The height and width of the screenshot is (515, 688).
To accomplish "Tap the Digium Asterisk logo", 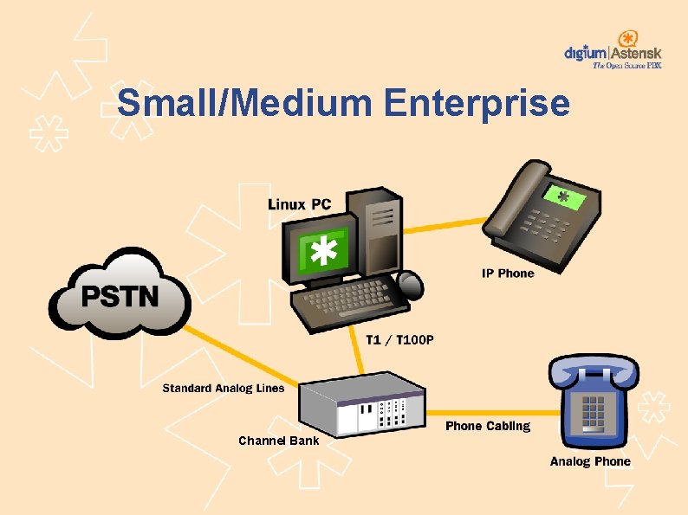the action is pos(613,50).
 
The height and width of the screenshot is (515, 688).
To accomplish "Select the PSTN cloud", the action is pos(120,296).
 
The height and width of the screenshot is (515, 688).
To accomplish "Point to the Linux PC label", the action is pos(299,205).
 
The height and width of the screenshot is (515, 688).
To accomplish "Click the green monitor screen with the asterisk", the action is pos(323,249).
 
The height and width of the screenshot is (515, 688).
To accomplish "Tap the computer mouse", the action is pos(411,283).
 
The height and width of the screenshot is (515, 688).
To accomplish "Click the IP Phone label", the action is pos(508,274).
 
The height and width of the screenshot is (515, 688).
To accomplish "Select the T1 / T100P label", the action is pos(399,339).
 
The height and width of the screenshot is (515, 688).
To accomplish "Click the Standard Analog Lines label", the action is pos(223,388).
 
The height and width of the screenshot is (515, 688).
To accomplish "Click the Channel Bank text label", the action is pos(278,441).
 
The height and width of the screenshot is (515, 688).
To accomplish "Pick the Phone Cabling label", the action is pos(487,426).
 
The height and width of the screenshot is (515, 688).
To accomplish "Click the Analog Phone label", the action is pos(590,461).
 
